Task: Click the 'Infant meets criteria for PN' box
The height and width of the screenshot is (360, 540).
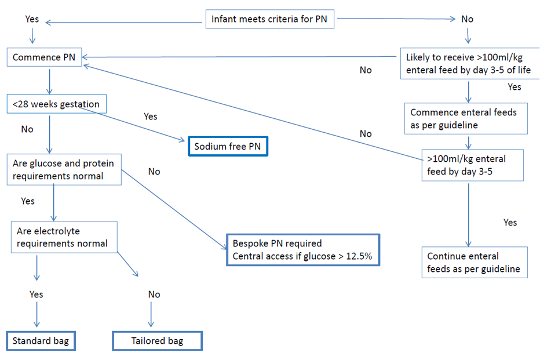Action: coord(269,19)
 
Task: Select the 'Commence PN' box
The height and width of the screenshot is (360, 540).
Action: coord(44,57)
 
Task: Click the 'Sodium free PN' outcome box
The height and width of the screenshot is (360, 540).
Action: coord(227,147)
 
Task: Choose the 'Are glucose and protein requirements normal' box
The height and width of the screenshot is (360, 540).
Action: coord(64,170)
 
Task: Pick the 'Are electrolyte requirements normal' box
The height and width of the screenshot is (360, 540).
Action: coord(64,237)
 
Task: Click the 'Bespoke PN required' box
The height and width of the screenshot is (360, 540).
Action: coord(302,250)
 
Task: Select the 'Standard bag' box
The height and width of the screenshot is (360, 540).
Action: coord(41,341)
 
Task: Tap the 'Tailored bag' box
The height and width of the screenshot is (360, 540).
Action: coord(157,341)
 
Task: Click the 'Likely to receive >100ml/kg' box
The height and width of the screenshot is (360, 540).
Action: coord(470,64)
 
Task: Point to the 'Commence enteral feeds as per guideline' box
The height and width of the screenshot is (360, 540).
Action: coord(466,119)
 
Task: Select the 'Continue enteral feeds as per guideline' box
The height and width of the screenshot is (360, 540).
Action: coord(474,263)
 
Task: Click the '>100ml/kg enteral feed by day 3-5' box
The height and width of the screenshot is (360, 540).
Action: coord(473,165)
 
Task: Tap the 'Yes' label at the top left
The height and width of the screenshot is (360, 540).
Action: coord(32,19)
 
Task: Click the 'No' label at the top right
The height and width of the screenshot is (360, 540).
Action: coord(467,19)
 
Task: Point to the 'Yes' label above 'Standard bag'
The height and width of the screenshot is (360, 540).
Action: coord(37,294)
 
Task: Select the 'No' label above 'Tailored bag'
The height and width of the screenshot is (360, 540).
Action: coord(154,294)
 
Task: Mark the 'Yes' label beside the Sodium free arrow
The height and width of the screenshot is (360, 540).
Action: coord(150,117)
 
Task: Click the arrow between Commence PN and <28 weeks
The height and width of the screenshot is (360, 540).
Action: coord(50,81)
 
